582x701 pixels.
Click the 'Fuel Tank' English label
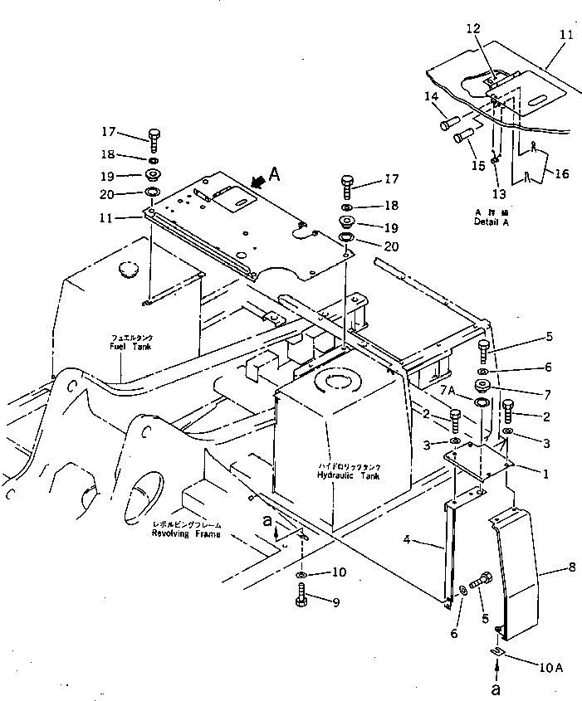tap(131, 346)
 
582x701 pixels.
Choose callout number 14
tap(432, 97)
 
